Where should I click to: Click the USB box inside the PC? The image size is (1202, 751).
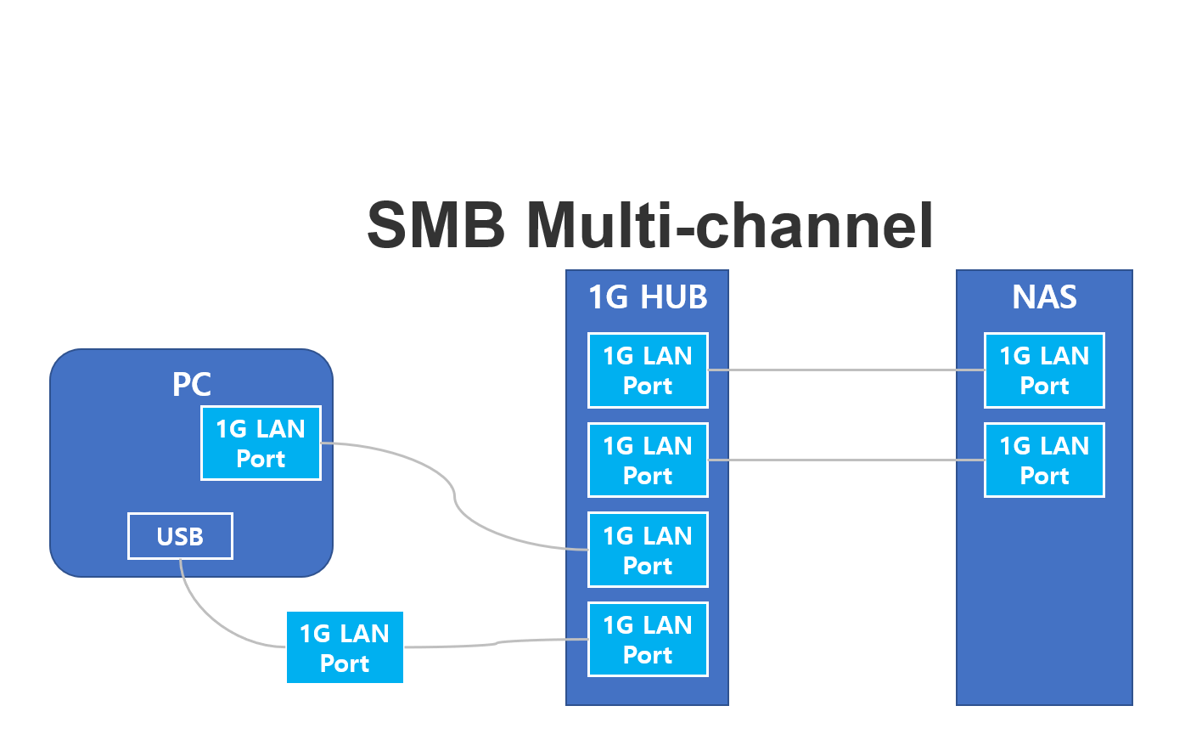tap(180, 536)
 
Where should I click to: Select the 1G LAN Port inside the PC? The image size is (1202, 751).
tap(261, 443)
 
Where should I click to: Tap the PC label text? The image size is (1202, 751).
tap(192, 384)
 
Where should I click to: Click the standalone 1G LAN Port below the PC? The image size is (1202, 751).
tap(345, 647)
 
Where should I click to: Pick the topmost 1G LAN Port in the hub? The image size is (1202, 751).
tap(648, 370)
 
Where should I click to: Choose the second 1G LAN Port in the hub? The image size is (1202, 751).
tap(648, 460)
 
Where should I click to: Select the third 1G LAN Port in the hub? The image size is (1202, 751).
tap(648, 551)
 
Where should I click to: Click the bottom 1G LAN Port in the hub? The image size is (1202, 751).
tap(648, 640)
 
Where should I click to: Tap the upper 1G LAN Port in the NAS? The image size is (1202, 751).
tap(1044, 370)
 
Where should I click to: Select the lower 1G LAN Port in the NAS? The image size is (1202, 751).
tap(1044, 460)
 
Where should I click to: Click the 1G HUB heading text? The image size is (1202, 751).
tap(648, 297)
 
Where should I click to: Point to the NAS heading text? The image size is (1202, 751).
tap(1044, 297)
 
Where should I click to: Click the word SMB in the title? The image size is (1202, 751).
tap(435, 225)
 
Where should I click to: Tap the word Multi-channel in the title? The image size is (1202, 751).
tap(730, 225)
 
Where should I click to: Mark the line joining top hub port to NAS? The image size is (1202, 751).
tap(845, 370)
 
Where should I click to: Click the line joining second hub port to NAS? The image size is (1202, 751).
tap(845, 460)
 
